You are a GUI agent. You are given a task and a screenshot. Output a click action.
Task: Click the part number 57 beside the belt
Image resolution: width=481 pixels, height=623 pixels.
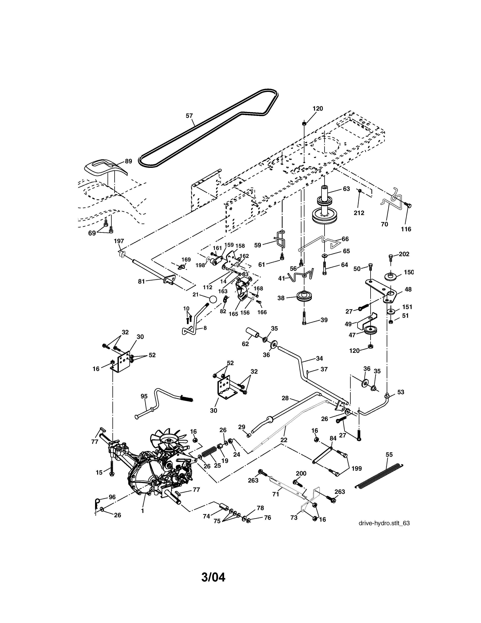(x=189, y=116)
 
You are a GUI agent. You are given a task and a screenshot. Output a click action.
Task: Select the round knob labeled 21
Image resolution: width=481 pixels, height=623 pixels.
(x=213, y=300)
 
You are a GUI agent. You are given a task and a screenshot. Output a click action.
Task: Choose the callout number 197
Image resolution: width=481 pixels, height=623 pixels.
(x=119, y=241)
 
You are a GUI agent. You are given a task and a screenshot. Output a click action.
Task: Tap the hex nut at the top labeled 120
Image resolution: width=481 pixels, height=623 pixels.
(x=304, y=123)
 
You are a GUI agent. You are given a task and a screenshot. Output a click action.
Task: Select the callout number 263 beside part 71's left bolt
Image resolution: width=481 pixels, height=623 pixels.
(x=253, y=480)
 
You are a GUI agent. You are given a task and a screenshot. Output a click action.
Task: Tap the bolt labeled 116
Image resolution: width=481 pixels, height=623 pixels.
(x=408, y=205)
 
